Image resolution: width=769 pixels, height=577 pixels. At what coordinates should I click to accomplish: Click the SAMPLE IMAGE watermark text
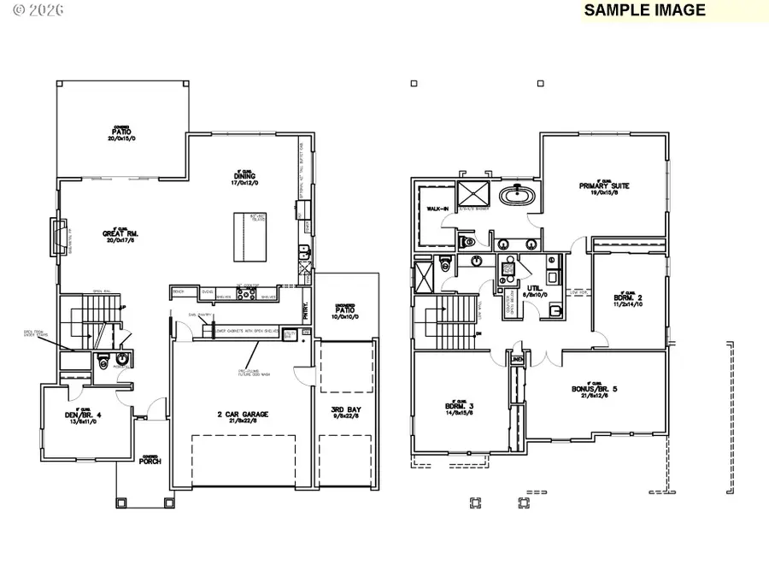click(x=645, y=10)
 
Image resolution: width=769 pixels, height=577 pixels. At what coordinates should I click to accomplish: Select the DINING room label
click(x=244, y=179)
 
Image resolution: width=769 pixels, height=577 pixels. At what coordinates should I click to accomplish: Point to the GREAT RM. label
click(x=120, y=233)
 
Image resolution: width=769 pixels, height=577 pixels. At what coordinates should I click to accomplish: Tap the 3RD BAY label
click(x=345, y=412)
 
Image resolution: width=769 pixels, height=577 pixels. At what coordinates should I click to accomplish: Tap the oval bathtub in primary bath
click(x=518, y=196)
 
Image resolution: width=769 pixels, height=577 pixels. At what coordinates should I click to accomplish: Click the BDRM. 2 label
click(x=630, y=299)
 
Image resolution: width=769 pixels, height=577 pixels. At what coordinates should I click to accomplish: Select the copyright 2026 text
click(x=27, y=11)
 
